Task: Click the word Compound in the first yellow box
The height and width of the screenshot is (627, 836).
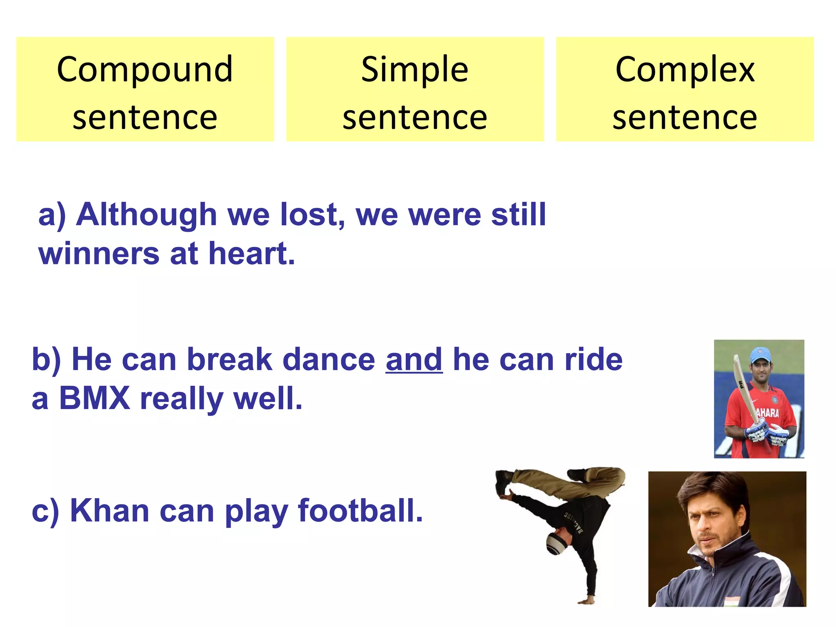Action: pos(145,69)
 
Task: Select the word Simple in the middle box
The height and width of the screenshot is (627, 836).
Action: pos(414,69)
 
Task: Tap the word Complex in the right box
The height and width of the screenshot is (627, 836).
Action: pos(685,69)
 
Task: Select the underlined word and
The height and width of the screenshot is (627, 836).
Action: pos(414,360)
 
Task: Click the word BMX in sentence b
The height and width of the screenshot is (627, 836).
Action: pos(95,398)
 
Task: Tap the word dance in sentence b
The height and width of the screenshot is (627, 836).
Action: pos(329,360)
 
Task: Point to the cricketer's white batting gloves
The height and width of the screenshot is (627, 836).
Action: pos(767,435)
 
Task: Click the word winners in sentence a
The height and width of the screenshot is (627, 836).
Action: pos(99,253)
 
